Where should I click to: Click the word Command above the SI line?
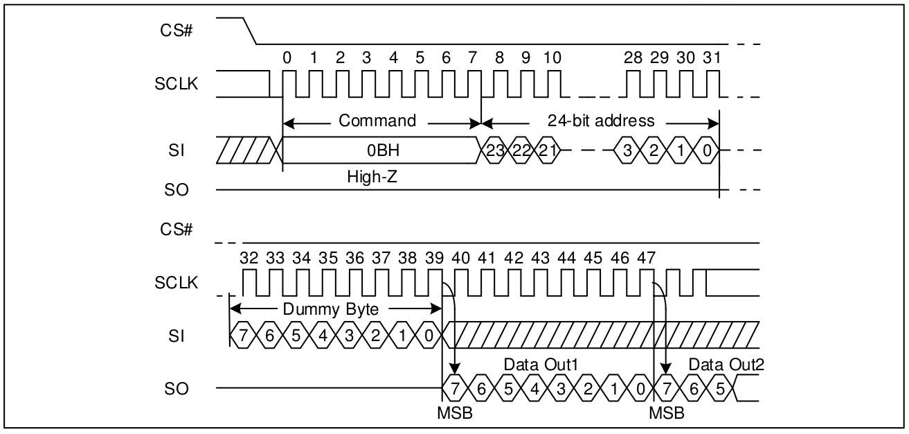click(377, 121)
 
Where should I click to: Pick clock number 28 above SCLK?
click(633, 58)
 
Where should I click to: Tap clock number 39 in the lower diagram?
click(434, 258)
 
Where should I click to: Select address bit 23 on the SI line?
click(494, 150)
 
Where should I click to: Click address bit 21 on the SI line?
click(547, 150)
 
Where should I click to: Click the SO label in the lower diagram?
click(178, 388)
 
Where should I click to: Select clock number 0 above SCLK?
click(287, 58)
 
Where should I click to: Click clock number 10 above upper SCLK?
click(552, 58)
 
